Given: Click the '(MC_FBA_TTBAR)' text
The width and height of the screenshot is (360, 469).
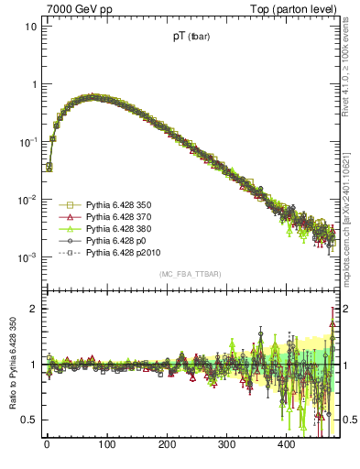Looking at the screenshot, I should click(190, 275).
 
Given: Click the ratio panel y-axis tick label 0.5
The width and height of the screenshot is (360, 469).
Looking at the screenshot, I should click(29, 420).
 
